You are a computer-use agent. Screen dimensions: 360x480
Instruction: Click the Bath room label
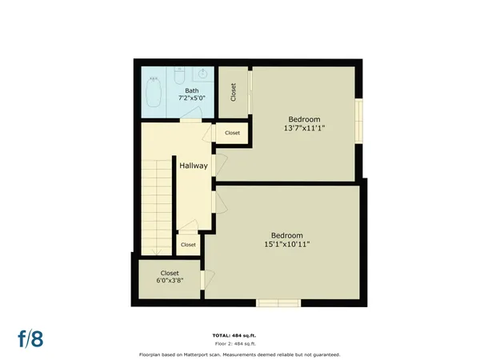coord(192,90)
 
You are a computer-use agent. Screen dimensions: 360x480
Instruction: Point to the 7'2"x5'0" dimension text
coord(192,98)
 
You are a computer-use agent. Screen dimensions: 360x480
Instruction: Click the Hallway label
coord(193,166)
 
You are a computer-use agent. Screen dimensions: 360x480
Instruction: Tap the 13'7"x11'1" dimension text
coord(303,127)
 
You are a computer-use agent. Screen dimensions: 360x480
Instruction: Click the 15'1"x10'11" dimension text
coord(287,244)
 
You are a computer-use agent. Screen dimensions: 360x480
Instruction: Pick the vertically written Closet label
coord(233,92)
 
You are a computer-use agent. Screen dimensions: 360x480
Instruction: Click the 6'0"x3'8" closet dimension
coord(170,281)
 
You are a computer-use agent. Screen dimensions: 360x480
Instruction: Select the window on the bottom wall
coord(278,302)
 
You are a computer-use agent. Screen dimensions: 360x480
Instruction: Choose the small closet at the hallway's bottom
coord(189,243)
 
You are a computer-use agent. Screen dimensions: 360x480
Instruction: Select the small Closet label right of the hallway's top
coord(232,133)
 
